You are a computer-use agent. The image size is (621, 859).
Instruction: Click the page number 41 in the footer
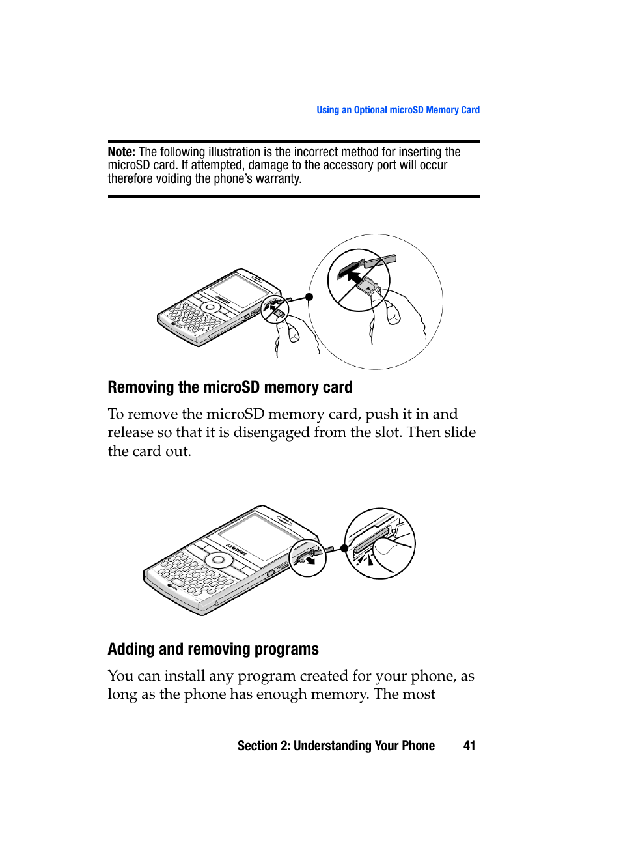tap(469, 746)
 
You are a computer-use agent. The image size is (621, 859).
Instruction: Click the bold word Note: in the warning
tap(122, 152)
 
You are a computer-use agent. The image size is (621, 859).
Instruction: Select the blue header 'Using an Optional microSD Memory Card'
tap(398, 110)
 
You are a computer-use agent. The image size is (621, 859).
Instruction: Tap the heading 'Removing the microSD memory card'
tap(230, 387)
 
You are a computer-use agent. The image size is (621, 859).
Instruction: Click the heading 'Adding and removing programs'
tap(213, 649)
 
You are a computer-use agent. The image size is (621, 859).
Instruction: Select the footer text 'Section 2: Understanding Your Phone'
tap(336, 746)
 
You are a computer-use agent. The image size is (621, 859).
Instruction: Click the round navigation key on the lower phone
tap(219, 560)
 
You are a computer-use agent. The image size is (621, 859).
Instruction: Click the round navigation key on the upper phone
tap(210, 306)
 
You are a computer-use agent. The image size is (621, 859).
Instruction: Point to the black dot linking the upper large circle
tap(309, 297)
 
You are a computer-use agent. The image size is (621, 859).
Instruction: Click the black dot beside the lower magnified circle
tap(344, 548)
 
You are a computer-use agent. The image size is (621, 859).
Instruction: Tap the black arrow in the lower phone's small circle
tap(310, 559)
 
